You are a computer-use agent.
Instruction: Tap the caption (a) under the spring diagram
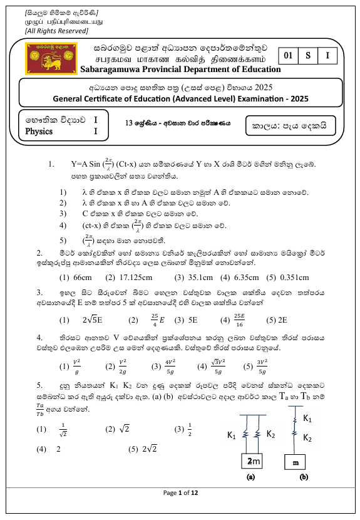[250, 477]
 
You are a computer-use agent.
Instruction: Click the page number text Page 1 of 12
[180, 493]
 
